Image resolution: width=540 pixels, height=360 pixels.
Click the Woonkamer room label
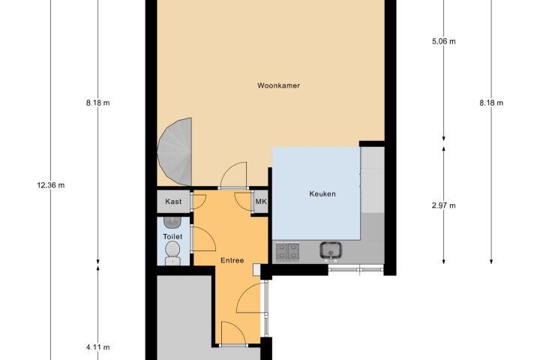[x=278, y=85]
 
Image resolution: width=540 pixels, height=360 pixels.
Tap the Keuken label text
[x=322, y=194]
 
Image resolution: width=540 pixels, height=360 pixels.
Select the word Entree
[x=232, y=260]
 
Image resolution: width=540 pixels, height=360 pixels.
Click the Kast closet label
[x=173, y=202]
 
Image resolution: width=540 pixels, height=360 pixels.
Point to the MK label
[x=261, y=201]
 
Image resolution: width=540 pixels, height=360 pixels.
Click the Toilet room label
[x=172, y=237]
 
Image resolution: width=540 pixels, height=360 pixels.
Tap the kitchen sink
[x=331, y=250]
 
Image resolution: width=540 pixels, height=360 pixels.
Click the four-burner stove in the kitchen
[x=287, y=251]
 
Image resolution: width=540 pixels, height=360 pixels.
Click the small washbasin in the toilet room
[x=172, y=223]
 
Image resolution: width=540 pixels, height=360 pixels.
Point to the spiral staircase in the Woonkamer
[x=175, y=152]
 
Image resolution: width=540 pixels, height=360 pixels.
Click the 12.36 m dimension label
[x=51, y=185]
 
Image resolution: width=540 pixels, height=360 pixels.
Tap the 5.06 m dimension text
[x=443, y=41]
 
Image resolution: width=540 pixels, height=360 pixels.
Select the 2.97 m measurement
[x=443, y=205]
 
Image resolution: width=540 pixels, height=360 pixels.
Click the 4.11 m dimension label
[x=98, y=347]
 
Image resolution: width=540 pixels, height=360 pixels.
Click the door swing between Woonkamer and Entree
[x=234, y=175]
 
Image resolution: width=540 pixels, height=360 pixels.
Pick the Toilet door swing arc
[x=204, y=239]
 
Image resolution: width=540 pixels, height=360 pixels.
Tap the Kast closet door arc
[x=199, y=202]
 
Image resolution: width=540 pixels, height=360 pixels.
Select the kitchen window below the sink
[x=355, y=269]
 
